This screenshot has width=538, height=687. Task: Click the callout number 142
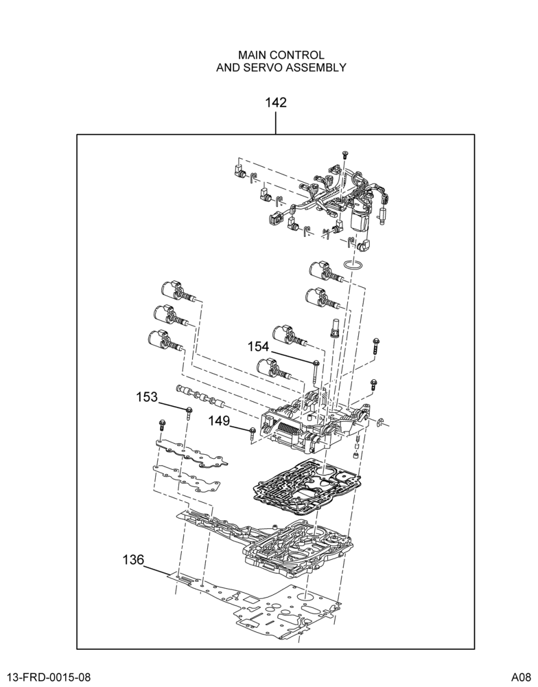pos(276,102)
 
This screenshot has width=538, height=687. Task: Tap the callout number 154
pos(258,346)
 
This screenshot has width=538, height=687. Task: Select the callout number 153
pos(147,397)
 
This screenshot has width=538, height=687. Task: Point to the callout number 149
pos(219,421)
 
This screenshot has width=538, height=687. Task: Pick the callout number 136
pos(133,559)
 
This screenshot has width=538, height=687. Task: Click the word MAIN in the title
pos(252,55)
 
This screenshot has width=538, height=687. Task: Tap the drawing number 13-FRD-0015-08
pos(49,677)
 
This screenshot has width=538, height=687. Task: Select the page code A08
pos(522,677)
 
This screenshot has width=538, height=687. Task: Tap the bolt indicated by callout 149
pos(253,433)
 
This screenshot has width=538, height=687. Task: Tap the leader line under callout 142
pos(276,123)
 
